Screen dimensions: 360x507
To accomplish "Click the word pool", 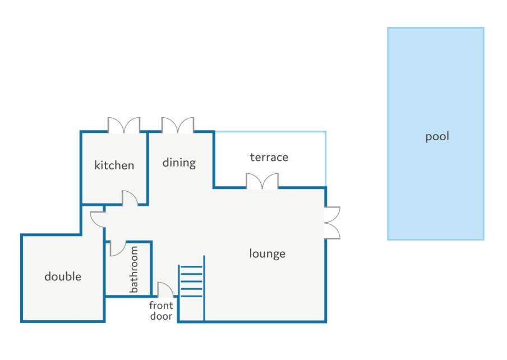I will pos(437,136).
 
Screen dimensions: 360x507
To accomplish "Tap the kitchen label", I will pos(114,165).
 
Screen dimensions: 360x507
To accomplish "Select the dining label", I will pos(179,163).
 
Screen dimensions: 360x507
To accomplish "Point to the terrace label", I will pos(269,157).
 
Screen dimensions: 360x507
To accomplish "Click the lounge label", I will pos(268,253).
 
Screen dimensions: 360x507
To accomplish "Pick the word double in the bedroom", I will pos(63,276).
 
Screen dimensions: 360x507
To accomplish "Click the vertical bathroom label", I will pos(135,269).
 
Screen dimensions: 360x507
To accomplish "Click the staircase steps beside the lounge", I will pos(191,280).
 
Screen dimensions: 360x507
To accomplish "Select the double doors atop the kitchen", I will pos(124,125).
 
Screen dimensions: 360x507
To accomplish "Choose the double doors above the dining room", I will pos(178,125).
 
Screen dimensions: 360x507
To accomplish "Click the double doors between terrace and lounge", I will pos(262,181).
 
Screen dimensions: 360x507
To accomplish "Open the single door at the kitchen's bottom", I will pos(130,199).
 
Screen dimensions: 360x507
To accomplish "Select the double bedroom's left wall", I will pos(22,278).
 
